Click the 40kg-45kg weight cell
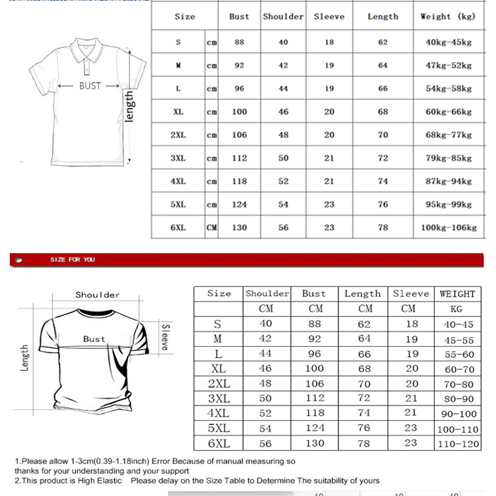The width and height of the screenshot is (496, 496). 448,42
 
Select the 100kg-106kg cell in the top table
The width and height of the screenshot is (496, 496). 448,228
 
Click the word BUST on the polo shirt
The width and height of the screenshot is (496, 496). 90,86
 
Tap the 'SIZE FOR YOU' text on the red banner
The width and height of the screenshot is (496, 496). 72,260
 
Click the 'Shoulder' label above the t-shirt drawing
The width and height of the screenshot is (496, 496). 98,295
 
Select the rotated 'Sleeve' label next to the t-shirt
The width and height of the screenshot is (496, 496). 165,336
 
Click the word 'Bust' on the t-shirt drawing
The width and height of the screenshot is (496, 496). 94,339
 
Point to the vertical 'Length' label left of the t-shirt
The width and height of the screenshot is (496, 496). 25,358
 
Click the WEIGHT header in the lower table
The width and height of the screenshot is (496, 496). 457,294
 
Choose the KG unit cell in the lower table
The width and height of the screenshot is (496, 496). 456,309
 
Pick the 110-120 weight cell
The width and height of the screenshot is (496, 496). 458,444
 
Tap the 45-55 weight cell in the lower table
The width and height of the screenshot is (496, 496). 458,340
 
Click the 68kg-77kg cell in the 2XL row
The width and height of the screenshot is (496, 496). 448,135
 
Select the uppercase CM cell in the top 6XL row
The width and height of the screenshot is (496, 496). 212,228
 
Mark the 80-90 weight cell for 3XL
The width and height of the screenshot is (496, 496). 458,399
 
